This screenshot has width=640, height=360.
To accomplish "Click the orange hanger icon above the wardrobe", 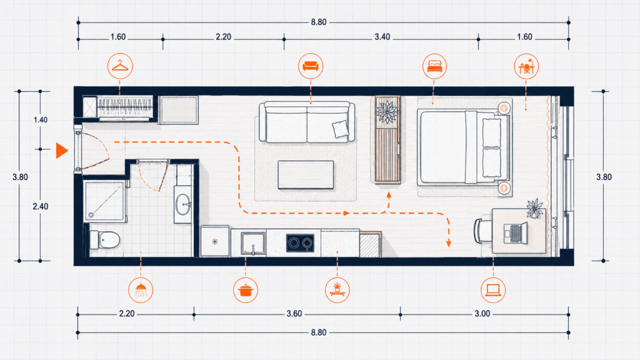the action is click(x=120, y=66).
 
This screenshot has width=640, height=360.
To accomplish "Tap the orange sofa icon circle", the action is click(x=311, y=66).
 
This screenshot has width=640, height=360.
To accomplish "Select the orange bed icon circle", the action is click(x=434, y=66).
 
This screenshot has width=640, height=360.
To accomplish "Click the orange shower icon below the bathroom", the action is click(x=141, y=290).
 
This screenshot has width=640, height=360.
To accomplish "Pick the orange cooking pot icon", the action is click(x=245, y=290).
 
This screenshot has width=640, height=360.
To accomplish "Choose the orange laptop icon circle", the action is click(x=493, y=290).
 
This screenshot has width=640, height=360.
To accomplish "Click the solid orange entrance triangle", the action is click(x=62, y=151).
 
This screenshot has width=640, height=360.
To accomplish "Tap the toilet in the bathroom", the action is click(x=104, y=239).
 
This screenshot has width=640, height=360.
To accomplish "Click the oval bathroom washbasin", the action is click(x=183, y=204).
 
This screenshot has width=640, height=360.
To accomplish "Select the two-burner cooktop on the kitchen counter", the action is click(x=300, y=243).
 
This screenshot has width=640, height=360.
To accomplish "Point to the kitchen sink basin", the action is click(x=253, y=244).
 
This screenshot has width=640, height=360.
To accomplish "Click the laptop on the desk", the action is click(x=516, y=233).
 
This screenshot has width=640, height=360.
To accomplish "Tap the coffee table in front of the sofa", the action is click(x=306, y=175).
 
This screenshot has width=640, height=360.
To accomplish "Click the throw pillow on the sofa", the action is click(x=341, y=129).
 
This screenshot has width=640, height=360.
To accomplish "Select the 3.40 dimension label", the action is click(x=382, y=37).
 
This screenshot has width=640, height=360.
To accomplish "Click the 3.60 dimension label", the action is click(x=294, y=314).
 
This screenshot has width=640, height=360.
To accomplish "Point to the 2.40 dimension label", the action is click(x=41, y=206).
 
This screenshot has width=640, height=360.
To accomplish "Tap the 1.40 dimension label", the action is click(x=41, y=120).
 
